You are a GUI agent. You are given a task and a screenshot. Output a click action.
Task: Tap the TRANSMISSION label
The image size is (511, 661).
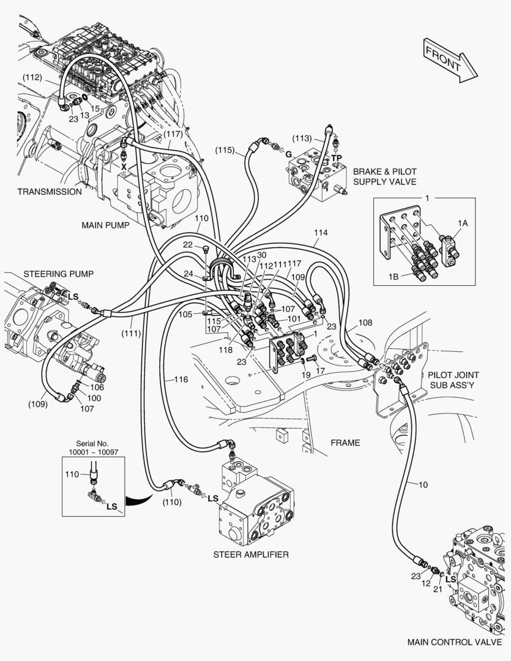click(49, 192)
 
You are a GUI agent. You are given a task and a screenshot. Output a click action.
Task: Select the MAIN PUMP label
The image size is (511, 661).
click(105, 225)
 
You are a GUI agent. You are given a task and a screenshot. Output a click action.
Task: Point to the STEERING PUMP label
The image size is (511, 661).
click(58, 274)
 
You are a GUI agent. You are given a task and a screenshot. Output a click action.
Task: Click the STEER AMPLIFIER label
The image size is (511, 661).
click(251, 555)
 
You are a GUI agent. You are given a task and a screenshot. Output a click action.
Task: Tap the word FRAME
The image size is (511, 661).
click(345, 443)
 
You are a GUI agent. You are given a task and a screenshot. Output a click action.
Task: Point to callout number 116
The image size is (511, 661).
click(181, 379)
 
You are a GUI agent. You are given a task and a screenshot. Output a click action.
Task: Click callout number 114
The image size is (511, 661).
click(321, 233)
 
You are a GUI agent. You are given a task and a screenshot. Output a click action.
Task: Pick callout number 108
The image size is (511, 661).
click(365, 323)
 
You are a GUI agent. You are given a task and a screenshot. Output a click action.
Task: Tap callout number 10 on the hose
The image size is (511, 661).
click(423, 485)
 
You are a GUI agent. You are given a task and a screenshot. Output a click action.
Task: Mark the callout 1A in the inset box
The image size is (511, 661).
click(463, 224)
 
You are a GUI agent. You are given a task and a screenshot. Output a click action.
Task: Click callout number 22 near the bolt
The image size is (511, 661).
click(188, 245)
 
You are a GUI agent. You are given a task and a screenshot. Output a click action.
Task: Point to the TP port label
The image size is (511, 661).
click(337, 157)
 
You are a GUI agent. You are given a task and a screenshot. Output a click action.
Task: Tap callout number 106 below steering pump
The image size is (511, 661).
click(97, 387)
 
